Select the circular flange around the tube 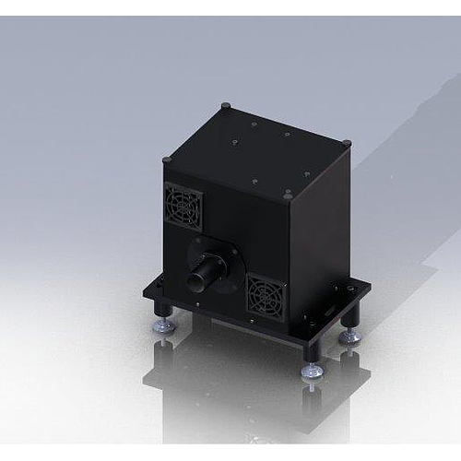coord(214,263)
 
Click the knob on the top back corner coord(226,107)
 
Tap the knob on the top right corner coord(347,143)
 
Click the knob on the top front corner coord(290,195)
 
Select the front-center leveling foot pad coord(312,372)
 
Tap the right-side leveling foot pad coord(349,338)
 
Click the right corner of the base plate coord(368,288)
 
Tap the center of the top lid coord(257,149)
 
